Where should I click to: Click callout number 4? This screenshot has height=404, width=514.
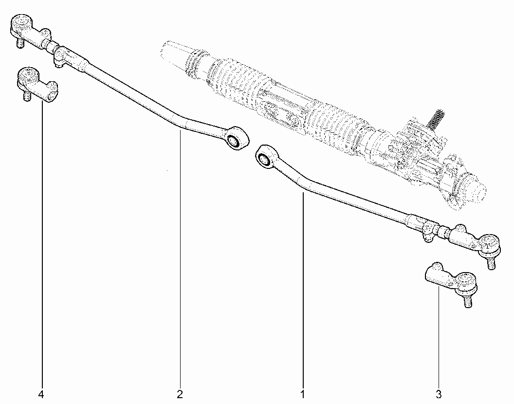point(41,394)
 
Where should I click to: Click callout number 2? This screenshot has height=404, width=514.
point(180,394)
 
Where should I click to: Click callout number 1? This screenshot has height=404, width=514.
point(303,394)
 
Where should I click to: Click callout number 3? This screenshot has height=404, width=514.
point(439,394)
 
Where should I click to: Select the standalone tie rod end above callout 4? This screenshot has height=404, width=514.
point(37,84)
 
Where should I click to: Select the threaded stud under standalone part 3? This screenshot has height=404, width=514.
point(468,301)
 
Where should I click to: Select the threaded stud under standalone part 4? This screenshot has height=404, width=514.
point(27,96)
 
